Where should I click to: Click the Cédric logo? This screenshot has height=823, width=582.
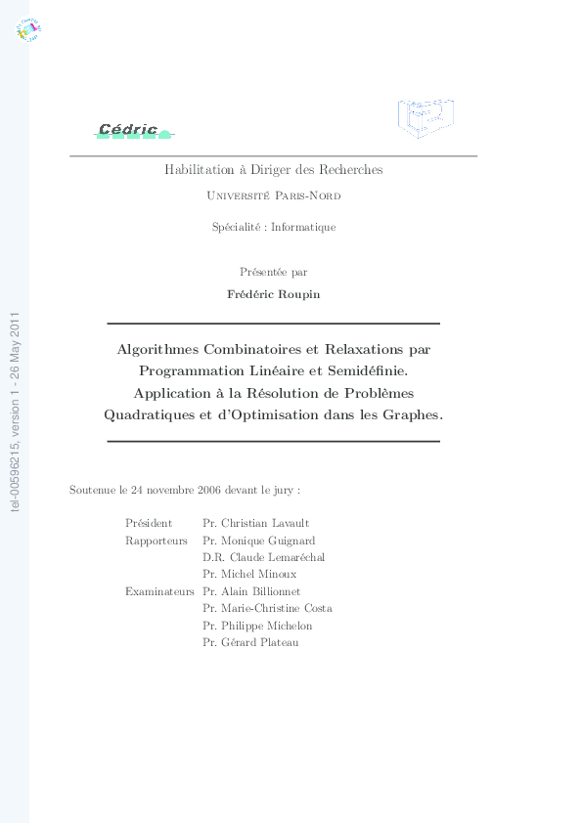point(134,130)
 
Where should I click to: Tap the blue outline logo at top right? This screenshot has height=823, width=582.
point(426,117)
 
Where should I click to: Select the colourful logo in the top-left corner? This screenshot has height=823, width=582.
point(28,30)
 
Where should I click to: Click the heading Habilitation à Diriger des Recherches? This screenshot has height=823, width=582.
point(273,170)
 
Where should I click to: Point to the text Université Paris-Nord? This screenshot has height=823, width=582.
point(274,195)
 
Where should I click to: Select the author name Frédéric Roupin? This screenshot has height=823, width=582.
point(273,293)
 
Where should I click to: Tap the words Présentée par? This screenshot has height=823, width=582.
point(273,272)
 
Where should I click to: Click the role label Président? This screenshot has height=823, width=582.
point(149,524)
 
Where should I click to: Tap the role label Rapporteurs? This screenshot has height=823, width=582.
point(157,541)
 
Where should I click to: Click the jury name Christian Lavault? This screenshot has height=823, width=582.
point(265,524)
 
